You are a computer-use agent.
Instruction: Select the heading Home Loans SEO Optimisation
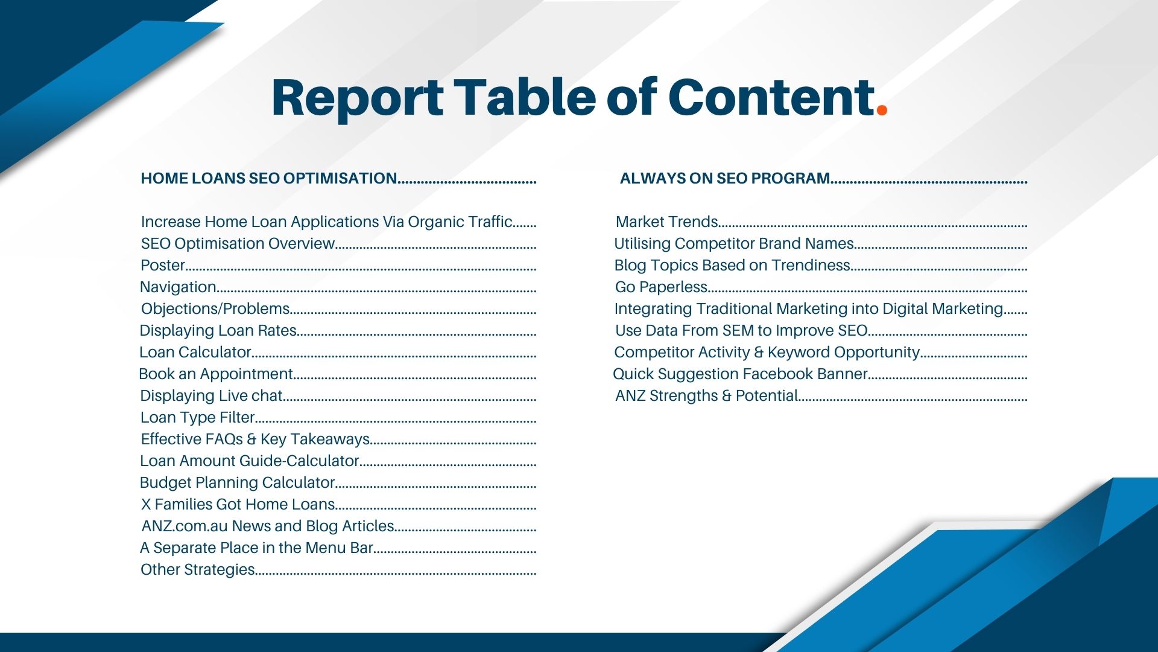coord(268,179)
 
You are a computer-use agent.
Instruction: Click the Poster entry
coord(163,266)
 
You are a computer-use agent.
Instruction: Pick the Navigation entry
coord(178,287)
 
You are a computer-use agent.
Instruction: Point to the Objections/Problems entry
coord(215,309)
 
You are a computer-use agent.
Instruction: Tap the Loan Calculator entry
coord(195,353)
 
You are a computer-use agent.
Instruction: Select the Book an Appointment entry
coord(216,374)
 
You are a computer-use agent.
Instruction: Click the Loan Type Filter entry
coord(197,418)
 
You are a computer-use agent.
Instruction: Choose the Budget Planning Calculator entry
coord(237,483)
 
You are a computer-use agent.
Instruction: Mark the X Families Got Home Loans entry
coord(238,505)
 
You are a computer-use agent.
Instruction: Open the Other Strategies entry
coord(197,570)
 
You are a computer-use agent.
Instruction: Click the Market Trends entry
coord(666,222)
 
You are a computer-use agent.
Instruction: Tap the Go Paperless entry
coord(661,287)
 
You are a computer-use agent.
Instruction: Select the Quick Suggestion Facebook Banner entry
coord(740,374)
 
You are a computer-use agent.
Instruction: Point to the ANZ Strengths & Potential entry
coord(706,396)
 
